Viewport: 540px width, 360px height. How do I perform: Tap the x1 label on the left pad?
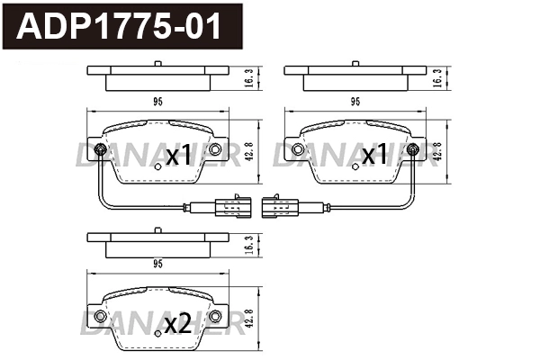point(178,157)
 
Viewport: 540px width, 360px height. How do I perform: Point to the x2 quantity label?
point(178,325)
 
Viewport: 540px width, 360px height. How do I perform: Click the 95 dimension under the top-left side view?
point(157,103)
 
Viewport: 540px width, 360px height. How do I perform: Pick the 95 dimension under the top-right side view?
point(355,103)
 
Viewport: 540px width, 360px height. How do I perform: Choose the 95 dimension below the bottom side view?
point(157,265)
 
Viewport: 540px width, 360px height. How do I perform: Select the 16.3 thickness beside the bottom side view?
point(248,244)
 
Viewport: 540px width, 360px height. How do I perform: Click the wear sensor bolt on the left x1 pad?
point(100,149)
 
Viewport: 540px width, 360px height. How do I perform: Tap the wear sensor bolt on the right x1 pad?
point(412,149)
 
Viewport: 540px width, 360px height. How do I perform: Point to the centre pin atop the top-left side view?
point(157,63)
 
